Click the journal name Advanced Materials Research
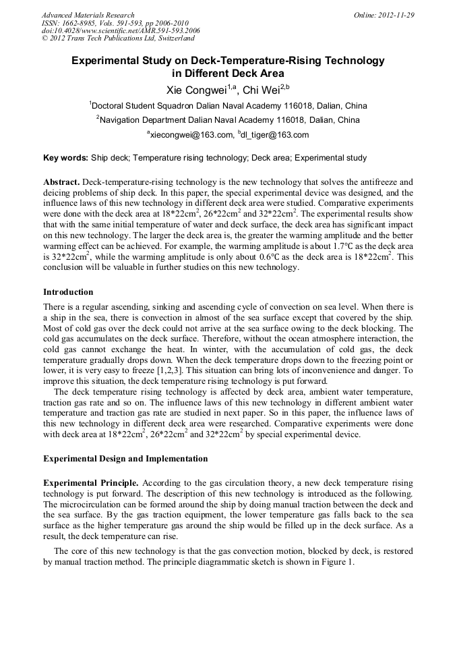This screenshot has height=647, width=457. pyautogui.click(x=88, y=15)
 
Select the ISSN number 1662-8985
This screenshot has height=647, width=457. pyautogui.click(x=82, y=23)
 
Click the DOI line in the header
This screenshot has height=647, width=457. pyautogui.click(x=121, y=31)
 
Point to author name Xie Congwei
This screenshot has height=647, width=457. pyautogui.click(x=195, y=90)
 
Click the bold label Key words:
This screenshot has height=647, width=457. pyautogui.click(x=65, y=158)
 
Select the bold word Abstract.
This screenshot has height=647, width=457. pyautogui.click(x=61, y=182)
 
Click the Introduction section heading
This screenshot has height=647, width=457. pyautogui.click(x=68, y=292)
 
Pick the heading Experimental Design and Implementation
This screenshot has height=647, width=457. pyautogui.click(x=125, y=459)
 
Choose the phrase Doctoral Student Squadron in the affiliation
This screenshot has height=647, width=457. pyautogui.click(x=142, y=106)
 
